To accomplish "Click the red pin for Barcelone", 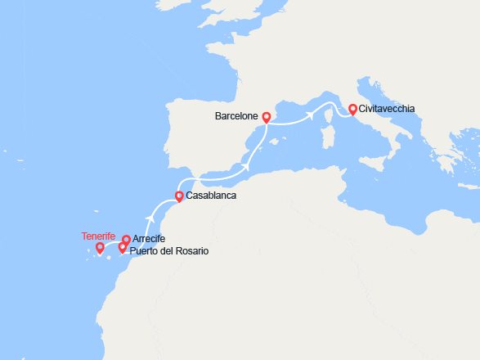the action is point(266,117).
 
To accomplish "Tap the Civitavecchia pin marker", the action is point(352,109).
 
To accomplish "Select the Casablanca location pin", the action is point(179,196).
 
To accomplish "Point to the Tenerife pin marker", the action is point(100,247).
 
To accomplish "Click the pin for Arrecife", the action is point(126,240).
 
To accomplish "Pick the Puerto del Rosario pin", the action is point(123,247).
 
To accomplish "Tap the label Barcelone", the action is point(236,117).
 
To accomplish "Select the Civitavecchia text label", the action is point(387,109).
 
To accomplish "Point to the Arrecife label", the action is point(149,239).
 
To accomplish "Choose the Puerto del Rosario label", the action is point(168,250).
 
